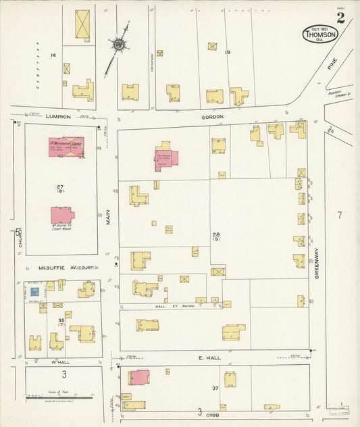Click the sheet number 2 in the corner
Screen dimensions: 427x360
(340, 18)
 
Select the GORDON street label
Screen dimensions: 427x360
(212, 116)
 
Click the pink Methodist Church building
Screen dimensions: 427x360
(66, 147)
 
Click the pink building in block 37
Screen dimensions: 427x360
(138, 379)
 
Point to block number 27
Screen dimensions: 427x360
(60, 186)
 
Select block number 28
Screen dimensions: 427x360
(216, 234)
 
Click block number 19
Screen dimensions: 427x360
(228, 52)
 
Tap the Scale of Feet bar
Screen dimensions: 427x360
(64, 397)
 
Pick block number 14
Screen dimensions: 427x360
(53, 54)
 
